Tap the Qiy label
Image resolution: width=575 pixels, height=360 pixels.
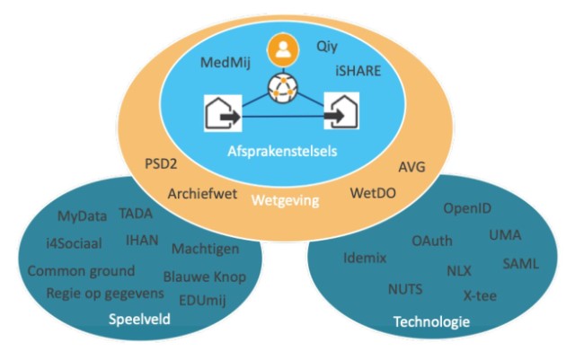coord(328,43)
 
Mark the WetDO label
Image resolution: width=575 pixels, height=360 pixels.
coord(374,192)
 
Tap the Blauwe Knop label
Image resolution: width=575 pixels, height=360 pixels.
coord(205,277)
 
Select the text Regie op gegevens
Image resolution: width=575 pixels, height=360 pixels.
coord(105,293)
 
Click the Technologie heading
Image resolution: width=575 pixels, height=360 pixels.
coord(430,320)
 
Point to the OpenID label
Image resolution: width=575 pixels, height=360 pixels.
coord(467,208)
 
